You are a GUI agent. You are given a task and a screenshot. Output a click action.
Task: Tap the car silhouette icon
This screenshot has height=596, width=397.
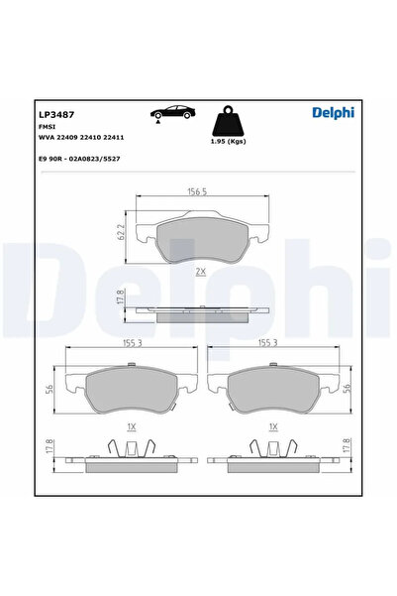[x=176, y=116]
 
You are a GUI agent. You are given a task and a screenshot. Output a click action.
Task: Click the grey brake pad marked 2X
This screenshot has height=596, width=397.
[x=201, y=241]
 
